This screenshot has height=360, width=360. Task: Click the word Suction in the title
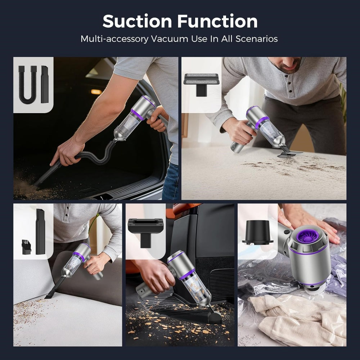point(137,21)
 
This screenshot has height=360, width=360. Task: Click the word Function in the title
point(217,21)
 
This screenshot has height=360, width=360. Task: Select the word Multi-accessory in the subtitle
point(114,39)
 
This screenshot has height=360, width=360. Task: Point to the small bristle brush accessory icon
point(26,247)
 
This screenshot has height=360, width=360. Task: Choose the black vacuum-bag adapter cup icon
point(257,232)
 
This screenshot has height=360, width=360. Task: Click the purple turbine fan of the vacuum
point(307,236)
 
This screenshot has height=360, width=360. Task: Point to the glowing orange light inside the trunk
point(96,92)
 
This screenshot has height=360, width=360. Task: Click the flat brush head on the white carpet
point(290,153)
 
